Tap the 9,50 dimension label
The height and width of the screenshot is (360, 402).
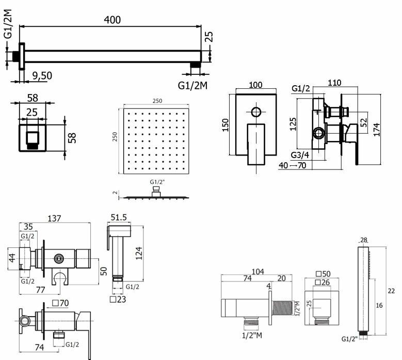click(x=41, y=75)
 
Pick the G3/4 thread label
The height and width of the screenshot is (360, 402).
click(x=300, y=155)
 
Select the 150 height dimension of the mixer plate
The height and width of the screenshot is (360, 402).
click(x=226, y=125)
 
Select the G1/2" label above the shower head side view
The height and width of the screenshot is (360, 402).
click(x=156, y=182)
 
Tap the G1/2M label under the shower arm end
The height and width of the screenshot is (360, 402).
click(x=192, y=84)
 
